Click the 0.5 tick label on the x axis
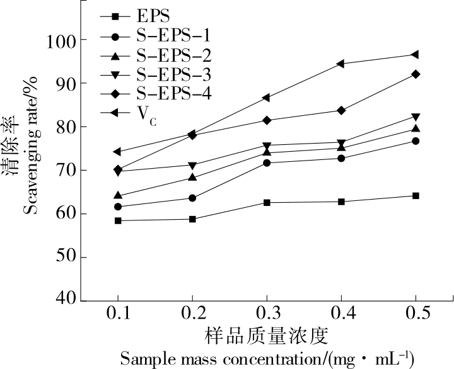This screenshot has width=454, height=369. (416, 314)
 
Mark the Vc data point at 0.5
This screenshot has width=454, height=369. (416, 55)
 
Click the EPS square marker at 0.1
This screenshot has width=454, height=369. (118, 220)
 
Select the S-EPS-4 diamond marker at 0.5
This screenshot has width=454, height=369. (416, 74)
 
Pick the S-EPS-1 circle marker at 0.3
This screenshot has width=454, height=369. (267, 163)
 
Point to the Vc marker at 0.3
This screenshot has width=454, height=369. (267, 98)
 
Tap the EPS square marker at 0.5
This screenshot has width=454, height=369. (416, 196)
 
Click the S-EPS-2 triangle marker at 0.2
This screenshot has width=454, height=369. (192, 178)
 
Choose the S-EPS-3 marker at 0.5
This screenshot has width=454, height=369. (416, 117)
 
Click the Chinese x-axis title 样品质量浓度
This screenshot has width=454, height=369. (266, 334)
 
